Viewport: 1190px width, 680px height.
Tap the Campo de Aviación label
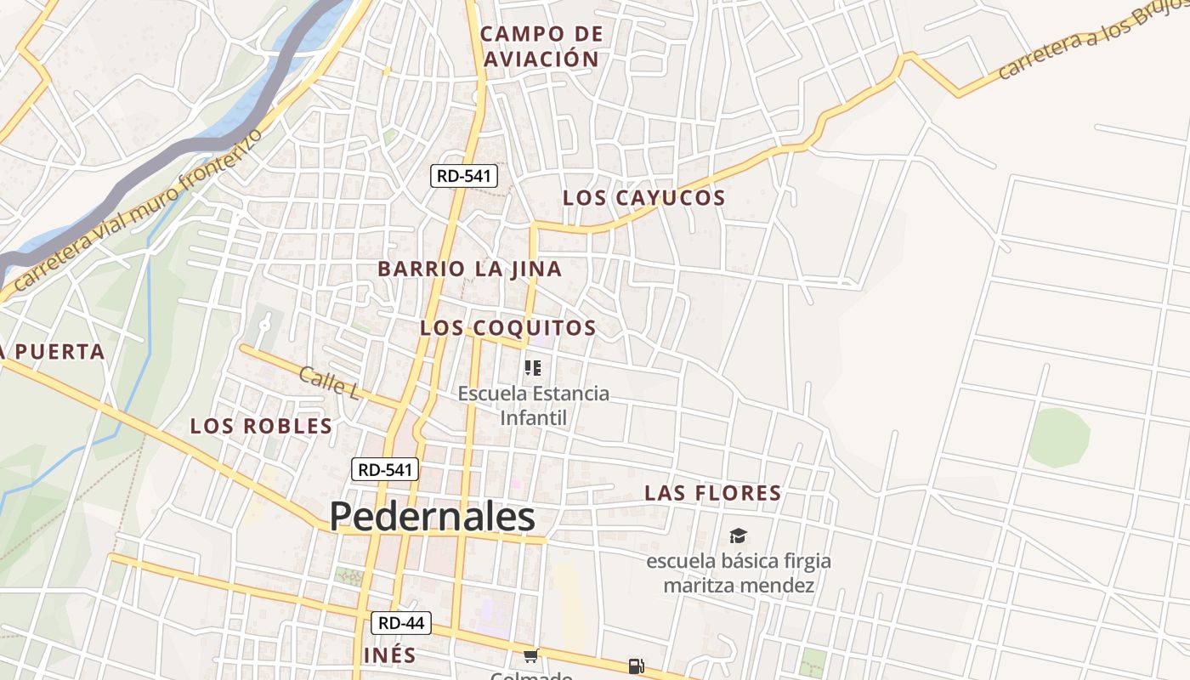541,47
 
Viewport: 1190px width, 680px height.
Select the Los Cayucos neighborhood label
644,198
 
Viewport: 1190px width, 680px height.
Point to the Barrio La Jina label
470,269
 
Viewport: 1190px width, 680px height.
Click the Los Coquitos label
508,328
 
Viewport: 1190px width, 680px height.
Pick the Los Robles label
261,426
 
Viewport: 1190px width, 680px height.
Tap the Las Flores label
713,493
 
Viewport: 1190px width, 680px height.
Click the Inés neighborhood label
390,655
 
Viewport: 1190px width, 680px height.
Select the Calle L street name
328,383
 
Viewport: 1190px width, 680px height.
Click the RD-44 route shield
401,623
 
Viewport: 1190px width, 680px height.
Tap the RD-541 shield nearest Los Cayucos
463,176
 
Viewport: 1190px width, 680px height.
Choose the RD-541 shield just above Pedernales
385,469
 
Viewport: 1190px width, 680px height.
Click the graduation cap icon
738,535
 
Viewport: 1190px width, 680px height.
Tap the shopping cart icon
531,655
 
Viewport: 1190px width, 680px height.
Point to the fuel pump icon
636,666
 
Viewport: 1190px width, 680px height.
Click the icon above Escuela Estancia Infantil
533,368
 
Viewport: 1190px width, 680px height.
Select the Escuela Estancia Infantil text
534,405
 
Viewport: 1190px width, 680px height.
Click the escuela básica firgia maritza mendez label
739,573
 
